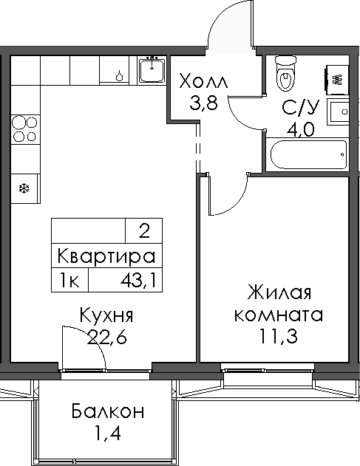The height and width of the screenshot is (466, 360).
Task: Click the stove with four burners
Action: [x=24, y=127]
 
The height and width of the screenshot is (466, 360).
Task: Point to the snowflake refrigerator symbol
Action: [x=24, y=188]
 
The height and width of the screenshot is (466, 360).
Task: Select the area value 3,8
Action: [x=203, y=103]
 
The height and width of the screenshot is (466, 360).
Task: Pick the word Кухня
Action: [x=106, y=316]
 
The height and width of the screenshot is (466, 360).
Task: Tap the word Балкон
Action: [x=109, y=411]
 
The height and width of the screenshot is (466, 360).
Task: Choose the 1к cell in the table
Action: [x=70, y=280]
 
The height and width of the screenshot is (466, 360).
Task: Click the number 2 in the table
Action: [x=143, y=231]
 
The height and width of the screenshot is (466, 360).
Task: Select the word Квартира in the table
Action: [x=106, y=256]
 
